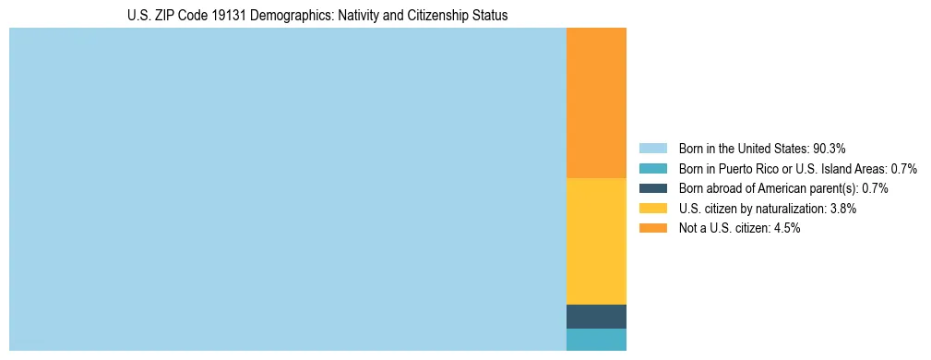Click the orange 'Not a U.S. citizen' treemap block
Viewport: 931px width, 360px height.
coord(596,102)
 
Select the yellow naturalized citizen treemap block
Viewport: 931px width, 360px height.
coord(596,240)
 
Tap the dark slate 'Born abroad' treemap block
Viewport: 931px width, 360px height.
coord(596,316)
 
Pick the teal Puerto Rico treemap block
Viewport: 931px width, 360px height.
coord(596,340)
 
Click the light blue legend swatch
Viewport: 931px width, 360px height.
coord(652,149)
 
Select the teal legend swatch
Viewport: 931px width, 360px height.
coord(652,169)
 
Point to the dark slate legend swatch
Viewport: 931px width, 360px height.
coord(652,188)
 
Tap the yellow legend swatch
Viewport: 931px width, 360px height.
coord(652,209)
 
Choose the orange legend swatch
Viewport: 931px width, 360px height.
coord(652,228)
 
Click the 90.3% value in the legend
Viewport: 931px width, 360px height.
coord(830,149)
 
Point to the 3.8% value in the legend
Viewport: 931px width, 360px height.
coord(841,209)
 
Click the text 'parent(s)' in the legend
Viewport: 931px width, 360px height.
coord(834,188)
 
